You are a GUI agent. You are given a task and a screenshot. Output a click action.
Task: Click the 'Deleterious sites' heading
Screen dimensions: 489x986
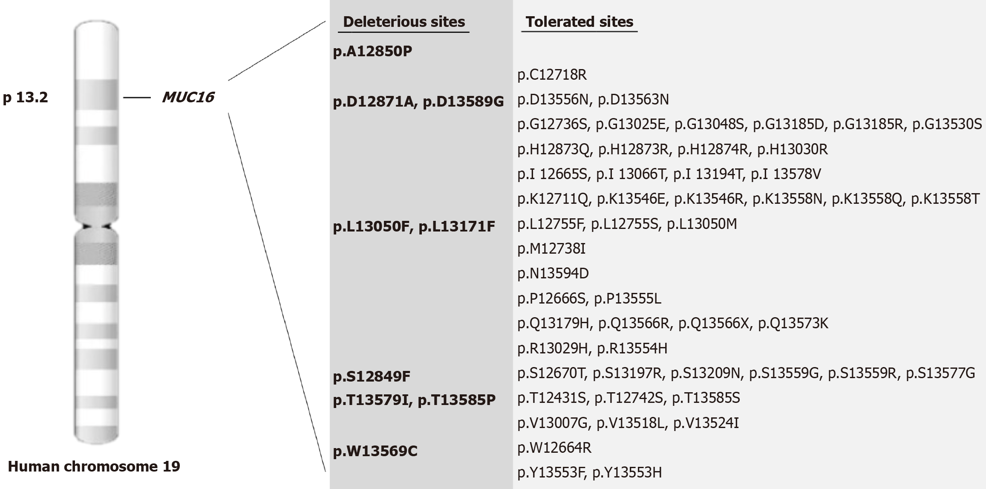point(404,22)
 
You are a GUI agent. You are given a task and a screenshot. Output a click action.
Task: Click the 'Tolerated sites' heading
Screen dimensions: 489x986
point(579,22)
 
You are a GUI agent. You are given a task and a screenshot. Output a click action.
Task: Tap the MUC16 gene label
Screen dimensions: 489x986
point(188,98)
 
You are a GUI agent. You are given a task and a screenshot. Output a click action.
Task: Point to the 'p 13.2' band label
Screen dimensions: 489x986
point(26,98)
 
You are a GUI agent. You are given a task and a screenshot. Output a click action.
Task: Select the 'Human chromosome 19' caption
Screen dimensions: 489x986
point(94,466)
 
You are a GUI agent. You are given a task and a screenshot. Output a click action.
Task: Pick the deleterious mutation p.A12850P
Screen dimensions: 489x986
point(372,52)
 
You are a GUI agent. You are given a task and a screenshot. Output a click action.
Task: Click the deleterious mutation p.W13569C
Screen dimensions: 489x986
point(375,451)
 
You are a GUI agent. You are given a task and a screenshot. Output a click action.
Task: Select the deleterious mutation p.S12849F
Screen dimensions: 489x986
point(372,376)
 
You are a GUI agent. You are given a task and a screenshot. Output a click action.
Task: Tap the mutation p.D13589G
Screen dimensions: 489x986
point(463,102)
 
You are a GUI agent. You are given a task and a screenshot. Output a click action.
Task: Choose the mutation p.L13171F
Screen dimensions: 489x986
point(457,226)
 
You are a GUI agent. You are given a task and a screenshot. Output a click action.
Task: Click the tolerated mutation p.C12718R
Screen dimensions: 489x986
point(552,75)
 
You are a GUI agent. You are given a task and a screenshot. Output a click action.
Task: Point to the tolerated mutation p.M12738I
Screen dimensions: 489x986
point(551,249)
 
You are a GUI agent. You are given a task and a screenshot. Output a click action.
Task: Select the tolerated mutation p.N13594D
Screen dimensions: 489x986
point(553,273)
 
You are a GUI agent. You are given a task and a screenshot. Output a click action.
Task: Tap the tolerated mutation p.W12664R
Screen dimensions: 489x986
point(554,448)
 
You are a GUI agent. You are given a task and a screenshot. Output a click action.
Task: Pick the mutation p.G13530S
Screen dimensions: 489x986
point(947,124)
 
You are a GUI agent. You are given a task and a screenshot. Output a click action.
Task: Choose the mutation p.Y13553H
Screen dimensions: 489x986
point(627,472)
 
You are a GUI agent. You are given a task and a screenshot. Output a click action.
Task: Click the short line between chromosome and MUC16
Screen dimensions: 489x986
point(137,98)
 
